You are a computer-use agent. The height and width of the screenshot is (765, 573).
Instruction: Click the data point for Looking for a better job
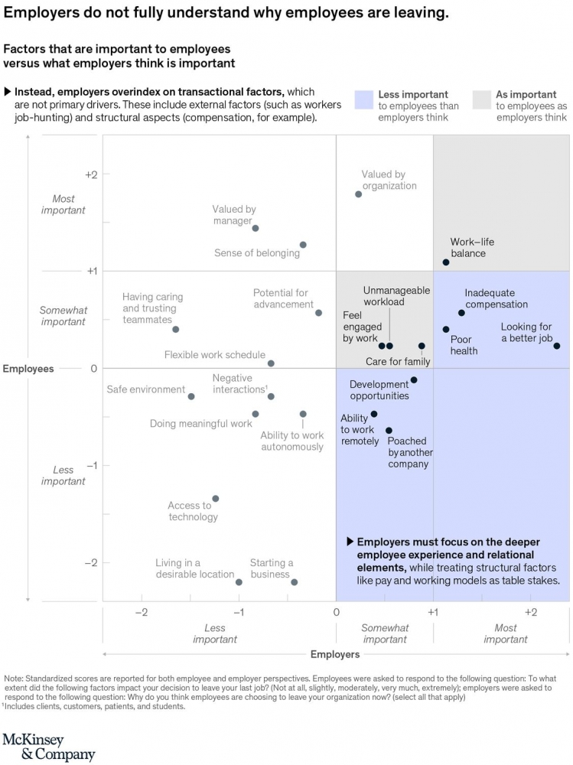[x=557, y=346]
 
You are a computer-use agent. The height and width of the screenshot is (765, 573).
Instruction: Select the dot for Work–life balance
[x=446, y=262]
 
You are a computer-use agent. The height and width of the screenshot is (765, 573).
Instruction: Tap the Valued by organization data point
[x=358, y=194]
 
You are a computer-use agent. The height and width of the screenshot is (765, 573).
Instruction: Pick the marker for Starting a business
[x=294, y=582]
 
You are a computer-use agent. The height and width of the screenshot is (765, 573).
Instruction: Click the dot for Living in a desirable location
[x=239, y=582]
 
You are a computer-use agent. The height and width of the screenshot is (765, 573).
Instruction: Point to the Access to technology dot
[x=215, y=499]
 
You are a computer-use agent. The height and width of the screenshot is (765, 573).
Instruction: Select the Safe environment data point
[x=191, y=396]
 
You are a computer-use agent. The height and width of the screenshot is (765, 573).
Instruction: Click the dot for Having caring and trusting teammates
[x=175, y=330]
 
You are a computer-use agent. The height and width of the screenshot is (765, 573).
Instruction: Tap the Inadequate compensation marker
[x=461, y=313]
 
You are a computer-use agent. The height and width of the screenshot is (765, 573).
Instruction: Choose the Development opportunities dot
[x=414, y=380]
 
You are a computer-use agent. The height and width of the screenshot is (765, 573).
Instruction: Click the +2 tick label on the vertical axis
[x=92, y=174]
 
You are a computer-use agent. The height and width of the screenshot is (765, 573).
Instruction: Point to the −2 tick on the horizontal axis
[x=142, y=613]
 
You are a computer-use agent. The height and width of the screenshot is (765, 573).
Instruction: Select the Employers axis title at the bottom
[x=335, y=654]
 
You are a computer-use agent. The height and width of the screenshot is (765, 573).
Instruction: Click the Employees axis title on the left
[x=28, y=369]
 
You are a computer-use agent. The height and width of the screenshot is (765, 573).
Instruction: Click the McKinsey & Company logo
[x=49, y=747]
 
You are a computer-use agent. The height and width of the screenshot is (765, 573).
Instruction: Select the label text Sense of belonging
[x=256, y=253]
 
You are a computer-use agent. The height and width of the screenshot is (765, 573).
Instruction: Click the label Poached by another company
[x=409, y=452]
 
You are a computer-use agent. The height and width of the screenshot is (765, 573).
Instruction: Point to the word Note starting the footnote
[x=14, y=678]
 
